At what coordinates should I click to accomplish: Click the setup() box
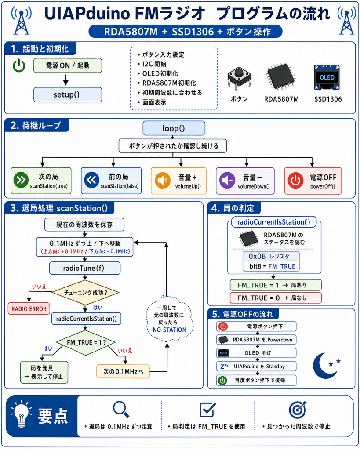[x=68, y=95]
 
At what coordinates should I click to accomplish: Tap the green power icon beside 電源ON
[x=19, y=66]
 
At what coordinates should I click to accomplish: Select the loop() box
[x=174, y=128]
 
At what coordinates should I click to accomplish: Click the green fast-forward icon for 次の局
[x=21, y=180]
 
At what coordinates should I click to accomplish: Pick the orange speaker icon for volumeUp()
[x=163, y=180]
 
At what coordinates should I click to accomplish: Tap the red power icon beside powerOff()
[x=295, y=181]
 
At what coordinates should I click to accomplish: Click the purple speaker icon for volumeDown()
[x=227, y=180]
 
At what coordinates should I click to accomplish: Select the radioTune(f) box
[x=85, y=268]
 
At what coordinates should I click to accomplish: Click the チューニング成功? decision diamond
[x=85, y=292]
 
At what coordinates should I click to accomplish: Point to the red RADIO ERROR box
[x=29, y=309]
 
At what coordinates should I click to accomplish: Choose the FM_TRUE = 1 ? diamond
[x=86, y=342]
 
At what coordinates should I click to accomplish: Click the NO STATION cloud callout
[x=169, y=319]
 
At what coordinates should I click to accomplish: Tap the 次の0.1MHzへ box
[x=123, y=371]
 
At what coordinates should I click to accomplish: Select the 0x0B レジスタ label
[x=271, y=256]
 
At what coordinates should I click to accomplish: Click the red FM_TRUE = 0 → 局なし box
[x=276, y=298]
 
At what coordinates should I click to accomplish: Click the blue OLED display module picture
[x=327, y=77]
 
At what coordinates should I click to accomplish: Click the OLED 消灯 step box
[x=256, y=353]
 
